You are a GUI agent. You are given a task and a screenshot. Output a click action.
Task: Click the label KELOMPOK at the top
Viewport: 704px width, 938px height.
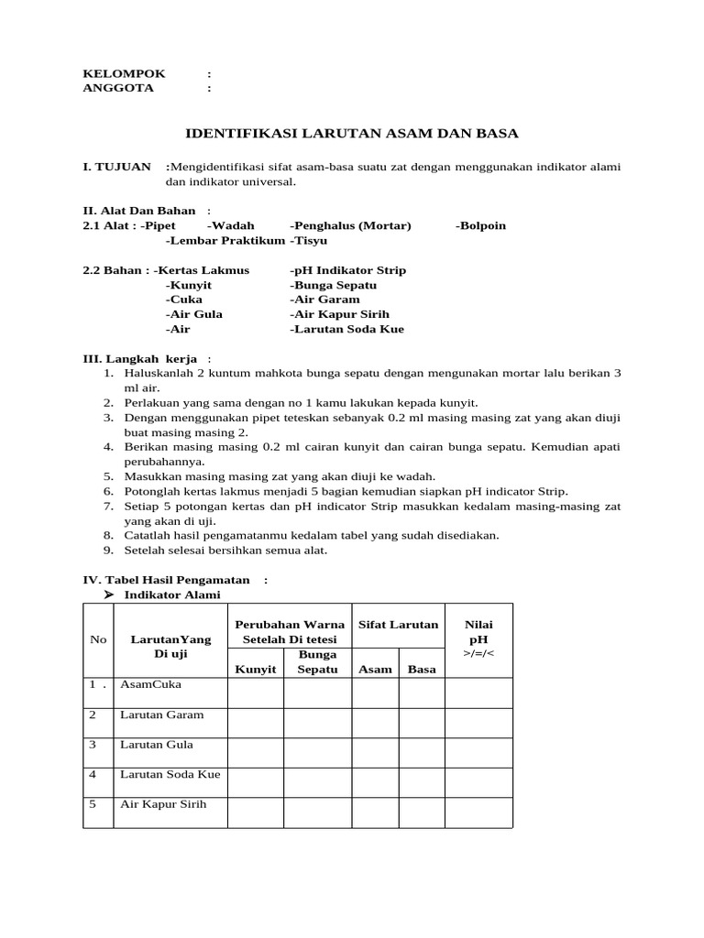125,73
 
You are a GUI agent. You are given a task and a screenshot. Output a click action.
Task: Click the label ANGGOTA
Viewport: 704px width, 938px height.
118,88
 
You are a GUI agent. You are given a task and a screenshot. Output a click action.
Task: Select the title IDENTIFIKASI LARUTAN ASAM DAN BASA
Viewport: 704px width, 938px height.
352,134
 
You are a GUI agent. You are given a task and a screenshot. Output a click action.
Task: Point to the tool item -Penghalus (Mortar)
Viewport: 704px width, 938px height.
351,225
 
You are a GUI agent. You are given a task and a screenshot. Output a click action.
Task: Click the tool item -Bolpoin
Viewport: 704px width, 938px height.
480,225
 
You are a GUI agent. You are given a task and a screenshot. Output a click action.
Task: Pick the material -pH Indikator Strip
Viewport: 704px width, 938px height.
348,270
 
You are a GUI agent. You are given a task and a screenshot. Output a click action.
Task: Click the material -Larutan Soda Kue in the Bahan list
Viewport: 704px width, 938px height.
347,329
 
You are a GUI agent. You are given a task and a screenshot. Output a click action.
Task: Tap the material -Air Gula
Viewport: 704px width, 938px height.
194,314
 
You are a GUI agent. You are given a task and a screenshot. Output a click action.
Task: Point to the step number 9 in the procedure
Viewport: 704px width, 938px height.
107,551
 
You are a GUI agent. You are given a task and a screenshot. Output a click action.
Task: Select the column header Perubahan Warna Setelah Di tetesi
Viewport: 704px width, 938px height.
290,631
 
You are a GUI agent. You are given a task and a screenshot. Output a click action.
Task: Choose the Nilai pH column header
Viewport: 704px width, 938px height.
478,631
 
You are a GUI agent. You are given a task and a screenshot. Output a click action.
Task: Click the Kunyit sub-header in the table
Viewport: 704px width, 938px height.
256,669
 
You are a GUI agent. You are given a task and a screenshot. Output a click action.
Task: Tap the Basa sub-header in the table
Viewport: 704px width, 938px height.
422,669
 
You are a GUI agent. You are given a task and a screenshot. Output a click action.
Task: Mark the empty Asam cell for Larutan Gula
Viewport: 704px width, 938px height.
376,752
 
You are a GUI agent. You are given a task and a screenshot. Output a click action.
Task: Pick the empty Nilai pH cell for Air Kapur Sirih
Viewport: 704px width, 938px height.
478,812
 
